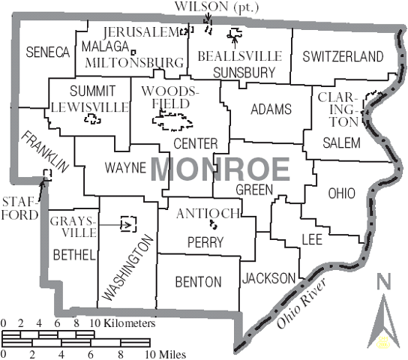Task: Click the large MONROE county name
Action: [220, 168]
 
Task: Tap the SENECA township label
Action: [46, 52]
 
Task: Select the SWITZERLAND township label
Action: [343, 56]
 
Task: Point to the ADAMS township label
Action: [271, 109]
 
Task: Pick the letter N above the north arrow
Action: [384, 282]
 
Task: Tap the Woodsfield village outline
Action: [172, 118]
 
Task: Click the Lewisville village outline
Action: [94, 118]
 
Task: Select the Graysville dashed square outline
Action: [129, 223]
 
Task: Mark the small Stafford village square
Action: [47, 175]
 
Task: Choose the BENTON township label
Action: [197, 282]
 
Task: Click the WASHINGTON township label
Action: [128, 268]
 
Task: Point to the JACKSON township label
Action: [268, 278]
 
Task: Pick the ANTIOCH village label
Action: [208, 214]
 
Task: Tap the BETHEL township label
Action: [73, 255]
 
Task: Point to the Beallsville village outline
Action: [236, 34]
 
